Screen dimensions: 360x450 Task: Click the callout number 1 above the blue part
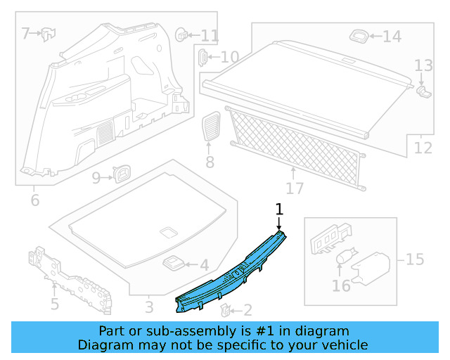click(279, 209)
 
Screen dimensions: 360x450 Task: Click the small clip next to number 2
click(224, 309)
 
